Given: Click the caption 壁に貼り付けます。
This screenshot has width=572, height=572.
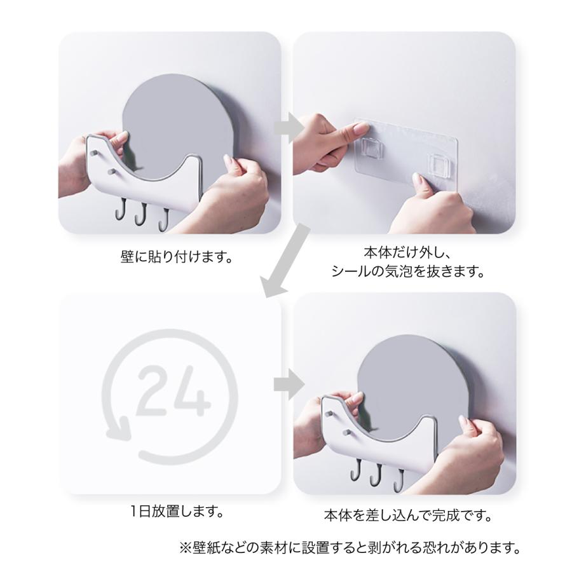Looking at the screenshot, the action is pyautogui.click(x=177, y=257).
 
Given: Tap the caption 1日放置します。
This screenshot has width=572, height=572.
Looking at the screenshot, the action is pyautogui.click(x=177, y=511).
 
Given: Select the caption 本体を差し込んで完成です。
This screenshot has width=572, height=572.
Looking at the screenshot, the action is pyautogui.click(x=408, y=515).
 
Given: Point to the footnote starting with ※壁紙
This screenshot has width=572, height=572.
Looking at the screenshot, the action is pyautogui.click(x=350, y=547).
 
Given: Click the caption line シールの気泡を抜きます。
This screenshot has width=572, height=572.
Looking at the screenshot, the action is pyautogui.click(x=408, y=272).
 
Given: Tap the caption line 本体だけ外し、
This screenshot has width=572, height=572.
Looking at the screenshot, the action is pyautogui.click(x=408, y=252).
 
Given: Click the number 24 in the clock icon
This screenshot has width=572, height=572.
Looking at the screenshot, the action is pyautogui.click(x=174, y=391).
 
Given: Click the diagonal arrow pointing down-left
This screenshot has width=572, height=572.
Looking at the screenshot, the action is pyautogui.click(x=285, y=261).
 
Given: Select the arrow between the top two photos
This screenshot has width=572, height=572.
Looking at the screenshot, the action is pyautogui.click(x=289, y=128).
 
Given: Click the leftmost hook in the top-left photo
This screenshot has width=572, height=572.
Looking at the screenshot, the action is pyautogui.click(x=121, y=209).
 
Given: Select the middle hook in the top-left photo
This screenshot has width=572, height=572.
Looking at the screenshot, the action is pyautogui.click(x=141, y=214).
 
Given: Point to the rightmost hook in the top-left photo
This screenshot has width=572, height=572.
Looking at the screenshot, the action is pyautogui.click(x=163, y=220).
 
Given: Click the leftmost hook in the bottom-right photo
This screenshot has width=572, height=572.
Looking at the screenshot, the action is pyautogui.click(x=356, y=470).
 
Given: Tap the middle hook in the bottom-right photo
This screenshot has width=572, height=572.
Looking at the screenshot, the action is pyautogui.click(x=376, y=475).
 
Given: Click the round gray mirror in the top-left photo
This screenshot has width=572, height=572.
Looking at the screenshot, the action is pyautogui.click(x=178, y=120).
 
